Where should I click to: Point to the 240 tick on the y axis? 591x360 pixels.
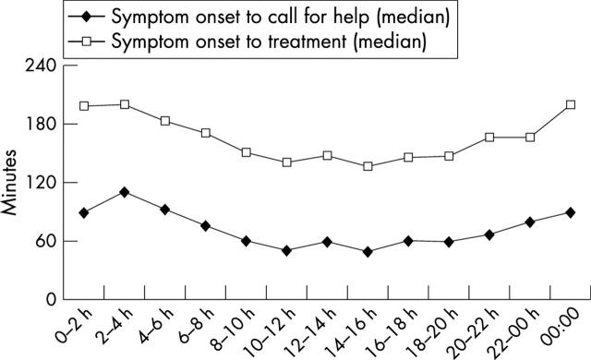pyautogui.click(x=37, y=66)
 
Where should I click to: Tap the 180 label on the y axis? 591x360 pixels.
pyautogui.click(x=37, y=125)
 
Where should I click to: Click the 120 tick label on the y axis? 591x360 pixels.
pyautogui.click(x=37, y=183)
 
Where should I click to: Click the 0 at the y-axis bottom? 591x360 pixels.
pyautogui.click(x=48, y=300)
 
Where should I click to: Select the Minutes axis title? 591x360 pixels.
pyautogui.click(x=12, y=183)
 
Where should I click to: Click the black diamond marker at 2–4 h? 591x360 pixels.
pyautogui.click(x=124, y=192)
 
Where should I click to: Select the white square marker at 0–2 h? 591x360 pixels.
pyautogui.click(x=84, y=106)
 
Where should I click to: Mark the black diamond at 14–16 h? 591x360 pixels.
pyautogui.click(x=368, y=251)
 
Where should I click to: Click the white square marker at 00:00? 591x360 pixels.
pyautogui.click(x=570, y=104)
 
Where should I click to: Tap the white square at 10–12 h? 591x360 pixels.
pyautogui.click(x=286, y=162)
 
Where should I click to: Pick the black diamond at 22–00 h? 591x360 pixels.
pyautogui.click(x=529, y=222)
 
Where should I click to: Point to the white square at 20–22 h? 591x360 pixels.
pyautogui.click(x=488, y=138)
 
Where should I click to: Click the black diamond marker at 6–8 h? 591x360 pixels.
pyautogui.click(x=205, y=225)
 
